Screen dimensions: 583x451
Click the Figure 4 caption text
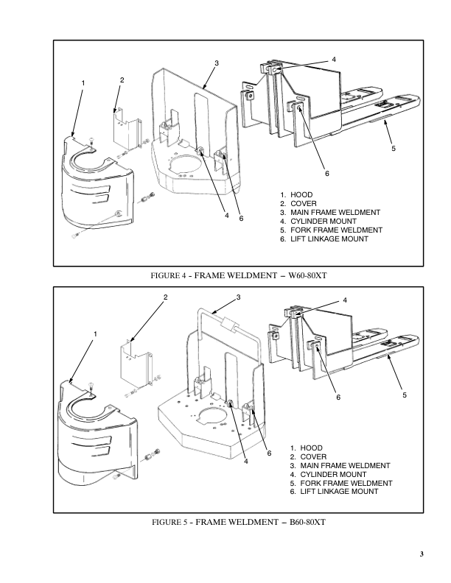click(x=238, y=276)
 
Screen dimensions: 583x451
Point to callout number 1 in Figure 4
click(x=83, y=82)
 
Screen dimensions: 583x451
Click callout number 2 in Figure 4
click(x=122, y=79)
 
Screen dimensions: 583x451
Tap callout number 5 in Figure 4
click(x=393, y=149)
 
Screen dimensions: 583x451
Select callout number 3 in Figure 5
click(x=239, y=297)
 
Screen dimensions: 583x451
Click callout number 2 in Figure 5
click(x=166, y=297)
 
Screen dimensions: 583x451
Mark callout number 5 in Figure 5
click(x=405, y=396)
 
